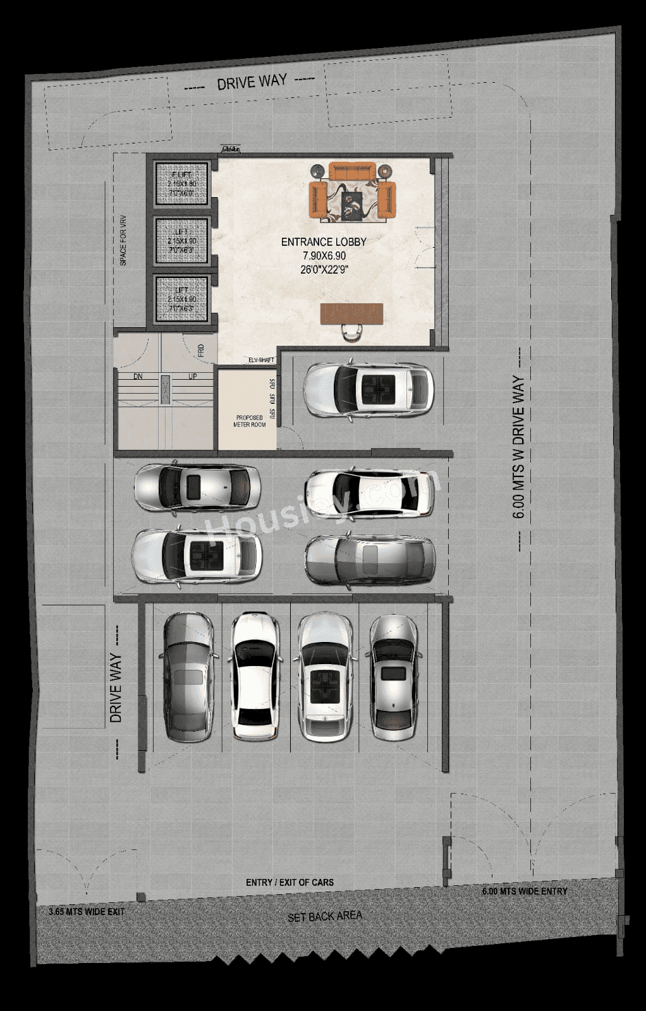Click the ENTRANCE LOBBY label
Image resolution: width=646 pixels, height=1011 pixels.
tap(324, 241)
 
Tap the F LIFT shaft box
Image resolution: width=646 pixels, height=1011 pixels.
tap(181, 183)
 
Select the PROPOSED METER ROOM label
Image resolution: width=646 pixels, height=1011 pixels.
tap(250, 421)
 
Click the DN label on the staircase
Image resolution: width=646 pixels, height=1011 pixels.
tap(138, 377)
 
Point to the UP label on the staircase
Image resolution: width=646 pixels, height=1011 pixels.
tap(193, 377)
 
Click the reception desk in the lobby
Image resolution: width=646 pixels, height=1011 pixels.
tap(352, 313)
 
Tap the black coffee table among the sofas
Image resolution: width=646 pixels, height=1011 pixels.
tap(351, 205)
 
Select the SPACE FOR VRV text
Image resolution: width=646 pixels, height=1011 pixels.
tap(123, 240)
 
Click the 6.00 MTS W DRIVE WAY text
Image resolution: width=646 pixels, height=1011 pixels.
tap(518, 447)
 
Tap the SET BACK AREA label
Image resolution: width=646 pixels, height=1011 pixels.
tap(325, 916)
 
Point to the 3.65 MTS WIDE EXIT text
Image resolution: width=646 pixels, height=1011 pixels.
tap(87, 912)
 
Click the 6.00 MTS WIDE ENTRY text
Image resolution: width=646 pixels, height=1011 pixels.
tap(524, 891)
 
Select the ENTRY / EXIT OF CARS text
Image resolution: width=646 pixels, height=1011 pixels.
tap(289, 882)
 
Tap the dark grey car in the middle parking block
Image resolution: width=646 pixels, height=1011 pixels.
tap(370, 559)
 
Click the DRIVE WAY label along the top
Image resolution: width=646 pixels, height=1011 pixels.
tap(252, 82)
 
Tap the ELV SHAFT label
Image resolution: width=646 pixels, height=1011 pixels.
tap(261, 360)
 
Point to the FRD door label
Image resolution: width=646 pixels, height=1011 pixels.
tap(200, 351)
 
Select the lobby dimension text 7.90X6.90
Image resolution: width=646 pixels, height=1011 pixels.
tap(323, 255)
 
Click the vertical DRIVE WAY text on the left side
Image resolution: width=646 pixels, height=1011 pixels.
tap(116, 687)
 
